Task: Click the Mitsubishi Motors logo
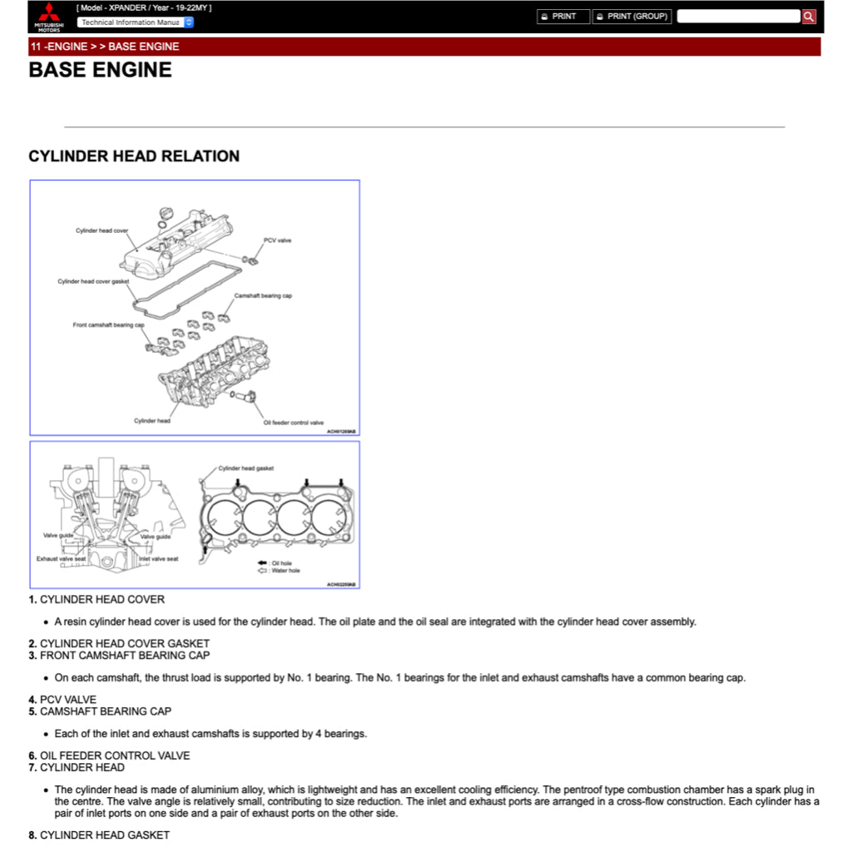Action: pos(48,17)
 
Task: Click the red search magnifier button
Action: pos(809,17)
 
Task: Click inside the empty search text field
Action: pos(738,17)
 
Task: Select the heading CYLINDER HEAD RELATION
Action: pos(134,156)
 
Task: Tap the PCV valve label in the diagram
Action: pos(277,240)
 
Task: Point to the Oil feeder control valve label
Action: pos(294,423)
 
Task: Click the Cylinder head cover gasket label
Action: pos(93,281)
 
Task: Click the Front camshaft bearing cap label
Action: pos(108,325)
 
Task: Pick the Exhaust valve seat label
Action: pos(61,559)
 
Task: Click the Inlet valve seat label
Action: pos(158,559)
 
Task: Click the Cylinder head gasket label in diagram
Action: pos(245,468)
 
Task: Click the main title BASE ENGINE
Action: pos(101,70)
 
